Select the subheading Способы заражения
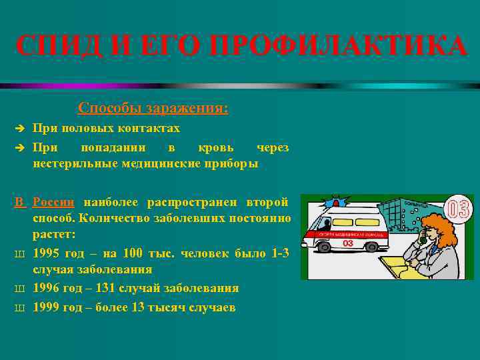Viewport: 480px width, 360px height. click(153, 107)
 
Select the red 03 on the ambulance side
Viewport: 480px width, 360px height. click(347, 245)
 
